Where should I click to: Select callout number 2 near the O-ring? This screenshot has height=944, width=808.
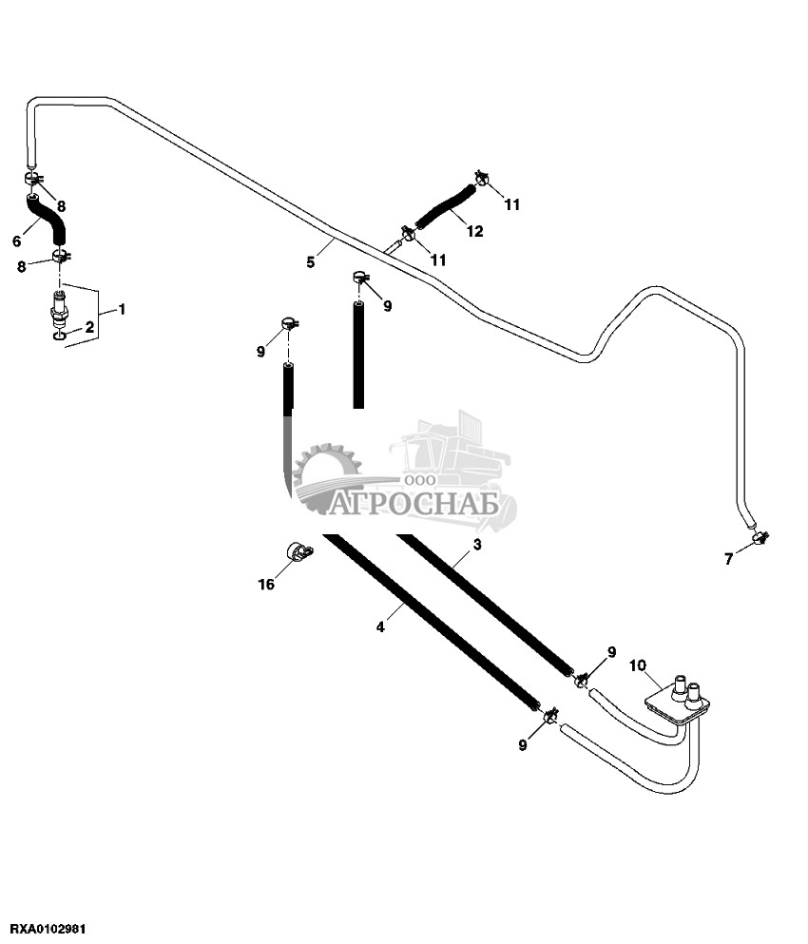[477, 545]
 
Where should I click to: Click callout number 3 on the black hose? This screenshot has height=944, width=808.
[380, 626]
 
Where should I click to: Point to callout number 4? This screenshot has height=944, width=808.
[310, 262]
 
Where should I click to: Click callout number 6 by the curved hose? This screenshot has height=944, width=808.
[729, 559]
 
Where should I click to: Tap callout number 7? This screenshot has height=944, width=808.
[637, 665]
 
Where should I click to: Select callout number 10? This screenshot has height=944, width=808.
[474, 231]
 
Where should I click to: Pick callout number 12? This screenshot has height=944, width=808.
[267, 585]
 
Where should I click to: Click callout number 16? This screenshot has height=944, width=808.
[298, 551]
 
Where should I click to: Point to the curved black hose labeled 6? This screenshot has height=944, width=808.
[445, 206]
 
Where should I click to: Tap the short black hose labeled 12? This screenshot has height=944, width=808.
[59, 335]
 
